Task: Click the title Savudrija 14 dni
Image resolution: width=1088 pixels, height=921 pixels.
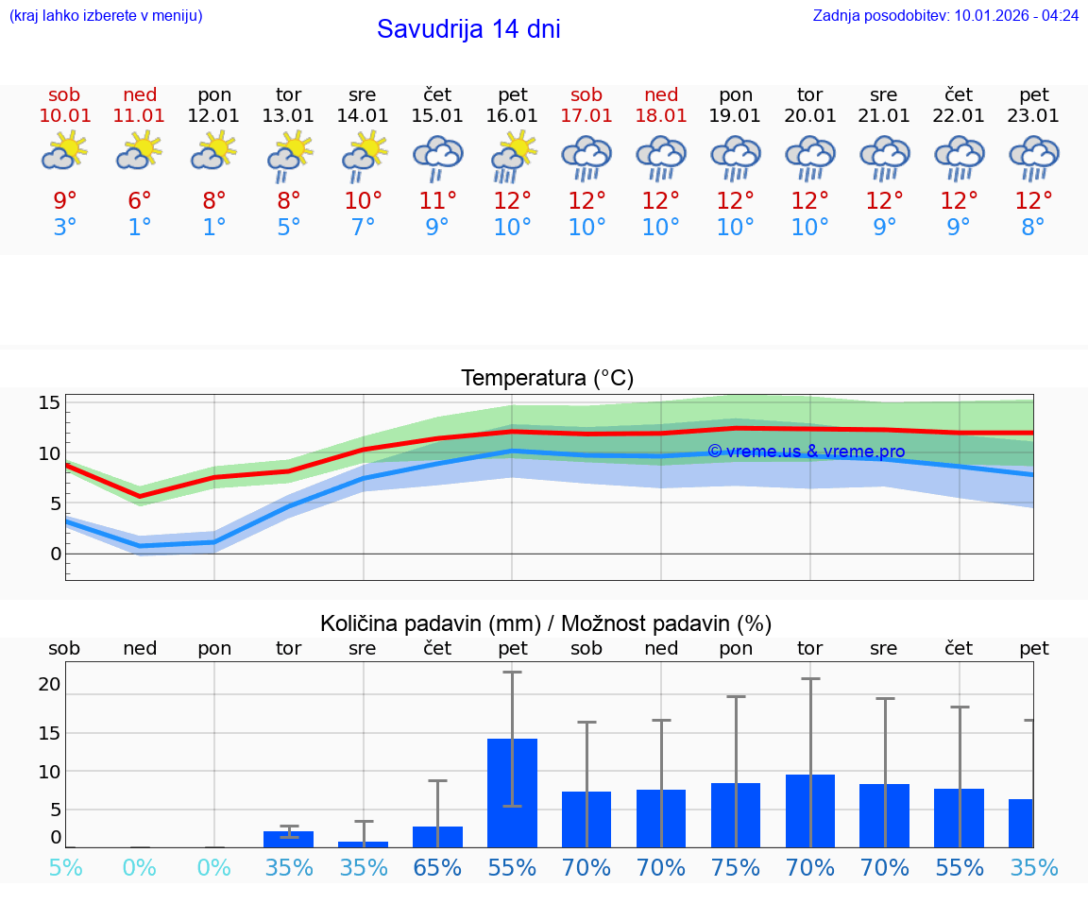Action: point(468,29)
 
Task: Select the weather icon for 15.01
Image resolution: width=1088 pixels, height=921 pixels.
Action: point(437,158)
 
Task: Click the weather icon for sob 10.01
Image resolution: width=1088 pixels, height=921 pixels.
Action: point(64,151)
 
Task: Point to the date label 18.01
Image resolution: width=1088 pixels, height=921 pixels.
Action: point(661,116)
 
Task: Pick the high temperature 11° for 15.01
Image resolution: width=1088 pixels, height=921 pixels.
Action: point(437,201)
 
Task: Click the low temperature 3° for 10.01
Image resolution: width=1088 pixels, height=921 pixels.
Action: point(64,228)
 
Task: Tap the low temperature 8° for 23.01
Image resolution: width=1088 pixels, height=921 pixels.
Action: point(1033,228)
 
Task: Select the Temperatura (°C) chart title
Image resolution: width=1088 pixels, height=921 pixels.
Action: point(547,379)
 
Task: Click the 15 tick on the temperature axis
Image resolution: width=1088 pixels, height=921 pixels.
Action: point(49,403)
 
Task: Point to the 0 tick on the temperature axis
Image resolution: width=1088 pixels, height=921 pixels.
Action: point(55,554)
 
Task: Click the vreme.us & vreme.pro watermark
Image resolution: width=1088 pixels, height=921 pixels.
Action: point(806,452)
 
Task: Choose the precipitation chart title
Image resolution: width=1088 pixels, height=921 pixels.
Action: point(546,623)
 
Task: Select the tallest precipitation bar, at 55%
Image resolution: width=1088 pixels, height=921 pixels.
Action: point(512,793)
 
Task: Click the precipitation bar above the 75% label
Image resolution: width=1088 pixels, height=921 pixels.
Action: point(736,814)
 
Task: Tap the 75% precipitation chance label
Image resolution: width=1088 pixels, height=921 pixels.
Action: point(736,867)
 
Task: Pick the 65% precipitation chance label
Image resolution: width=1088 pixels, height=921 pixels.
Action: point(437,867)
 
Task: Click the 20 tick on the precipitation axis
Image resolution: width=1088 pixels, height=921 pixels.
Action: point(49,684)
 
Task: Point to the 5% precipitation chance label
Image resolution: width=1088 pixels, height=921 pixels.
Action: point(64,867)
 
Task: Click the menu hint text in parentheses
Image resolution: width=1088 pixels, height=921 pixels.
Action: point(106,15)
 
